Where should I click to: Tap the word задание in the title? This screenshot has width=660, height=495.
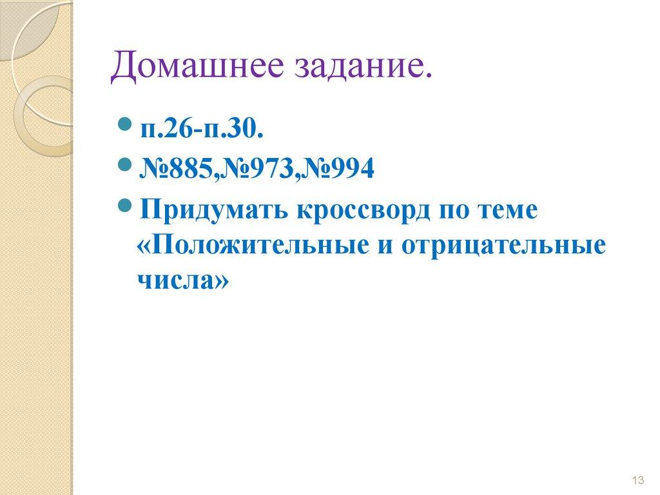click(358, 68)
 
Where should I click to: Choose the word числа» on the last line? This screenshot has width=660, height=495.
click(182, 281)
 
